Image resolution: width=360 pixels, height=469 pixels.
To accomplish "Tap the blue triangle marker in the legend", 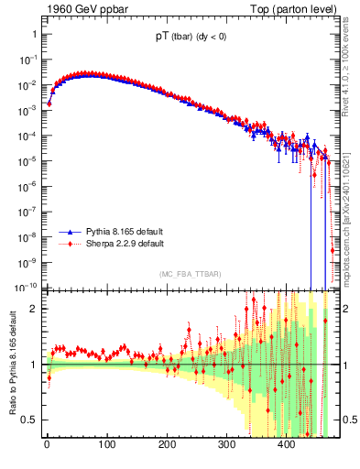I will pos(71,233).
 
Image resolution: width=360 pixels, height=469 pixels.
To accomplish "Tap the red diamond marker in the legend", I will pos(71,245).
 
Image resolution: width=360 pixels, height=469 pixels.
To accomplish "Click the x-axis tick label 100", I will pos(106,444).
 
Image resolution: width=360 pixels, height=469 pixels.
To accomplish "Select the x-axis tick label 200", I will pos(167,444).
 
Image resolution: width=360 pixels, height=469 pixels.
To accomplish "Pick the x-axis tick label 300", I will pos(226,444).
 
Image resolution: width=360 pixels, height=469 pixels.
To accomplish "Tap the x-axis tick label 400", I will pos(286,444).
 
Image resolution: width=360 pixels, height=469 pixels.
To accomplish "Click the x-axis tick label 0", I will pos(47,444).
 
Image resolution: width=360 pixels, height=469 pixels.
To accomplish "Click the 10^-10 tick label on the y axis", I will pos(26,286).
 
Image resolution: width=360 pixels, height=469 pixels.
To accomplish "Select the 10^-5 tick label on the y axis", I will pos(27,160).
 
